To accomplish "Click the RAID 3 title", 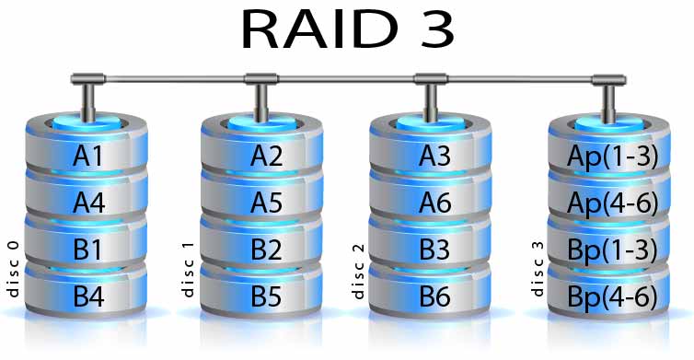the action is (x=347, y=30).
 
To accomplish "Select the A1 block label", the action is (x=87, y=156).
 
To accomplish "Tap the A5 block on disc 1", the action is (x=262, y=198).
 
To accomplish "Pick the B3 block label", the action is (x=434, y=250).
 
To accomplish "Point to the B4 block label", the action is (x=88, y=296).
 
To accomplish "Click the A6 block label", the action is (x=435, y=203).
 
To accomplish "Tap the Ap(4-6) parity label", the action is (x=612, y=203).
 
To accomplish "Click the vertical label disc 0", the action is (x=13, y=269).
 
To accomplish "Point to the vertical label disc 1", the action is (x=188, y=270).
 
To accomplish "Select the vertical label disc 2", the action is (x=358, y=271).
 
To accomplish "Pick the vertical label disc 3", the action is (x=537, y=269).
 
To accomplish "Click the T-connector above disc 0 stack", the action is (x=88, y=95).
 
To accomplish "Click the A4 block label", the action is (x=88, y=203).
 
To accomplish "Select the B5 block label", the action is (x=266, y=296).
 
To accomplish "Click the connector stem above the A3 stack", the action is (x=431, y=103).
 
